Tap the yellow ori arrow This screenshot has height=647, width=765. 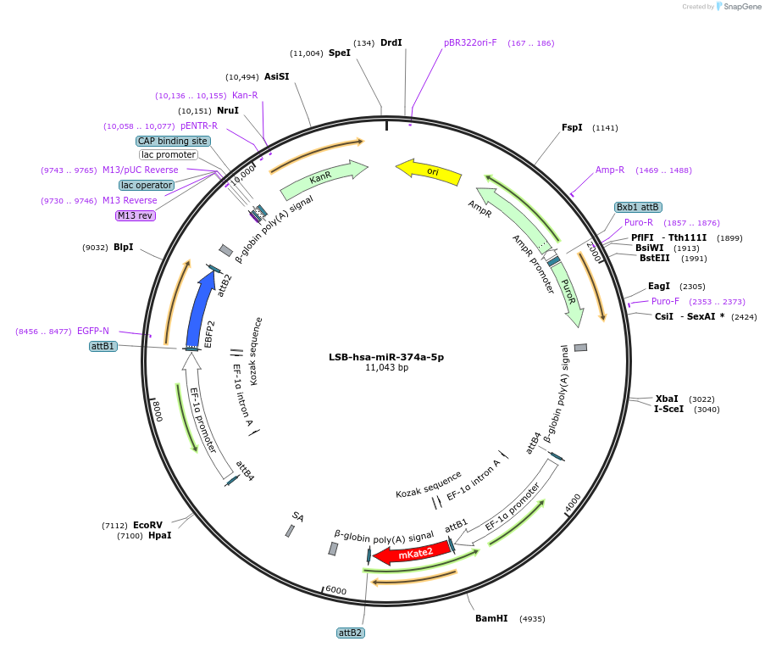pyautogui.click(x=430, y=171)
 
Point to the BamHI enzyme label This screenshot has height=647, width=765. pyautogui.click(x=491, y=618)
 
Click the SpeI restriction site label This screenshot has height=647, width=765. pyautogui.click(x=340, y=53)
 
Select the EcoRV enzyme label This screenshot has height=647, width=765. pyautogui.click(x=147, y=525)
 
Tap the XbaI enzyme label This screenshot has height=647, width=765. pyautogui.click(x=667, y=399)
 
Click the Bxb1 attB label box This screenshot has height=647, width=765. pyautogui.click(x=638, y=207)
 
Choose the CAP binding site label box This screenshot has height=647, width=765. pyautogui.click(x=173, y=141)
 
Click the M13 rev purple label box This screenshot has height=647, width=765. pyautogui.click(x=136, y=215)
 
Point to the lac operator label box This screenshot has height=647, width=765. pyautogui.click(x=147, y=185)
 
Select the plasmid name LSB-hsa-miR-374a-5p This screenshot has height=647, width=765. pyautogui.click(x=386, y=357)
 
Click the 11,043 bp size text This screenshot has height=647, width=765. pyautogui.click(x=386, y=368)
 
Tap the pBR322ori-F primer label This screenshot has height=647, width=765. pyautogui.click(x=470, y=42)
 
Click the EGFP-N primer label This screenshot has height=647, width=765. pyautogui.click(x=93, y=331)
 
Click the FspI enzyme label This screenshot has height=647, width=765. pyautogui.click(x=572, y=127)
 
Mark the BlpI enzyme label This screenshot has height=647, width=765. pyautogui.click(x=124, y=247)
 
